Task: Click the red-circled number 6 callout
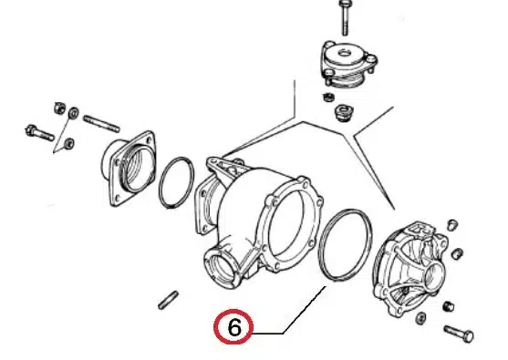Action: click(x=233, y=326)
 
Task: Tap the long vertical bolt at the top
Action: click(x=344, y=18)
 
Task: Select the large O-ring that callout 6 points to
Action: click(x=345, y=245)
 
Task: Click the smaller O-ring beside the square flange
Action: click(x=177, y=183)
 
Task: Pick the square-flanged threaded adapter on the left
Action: click(x=130, y=169)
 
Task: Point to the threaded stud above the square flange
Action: click(x=102, y=124)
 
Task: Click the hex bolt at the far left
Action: click(x=39, y=133)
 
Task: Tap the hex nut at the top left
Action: click(x=60, y=108)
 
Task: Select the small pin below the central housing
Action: click(x=168, y=300)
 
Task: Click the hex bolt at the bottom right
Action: click(x=459, y=334)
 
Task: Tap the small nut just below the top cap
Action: click(x=328, y=97)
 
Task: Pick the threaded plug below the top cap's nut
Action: click(x=344, y=112)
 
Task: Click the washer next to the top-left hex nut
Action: click(x=74, y=113)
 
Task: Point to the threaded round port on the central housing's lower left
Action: click(x=222, y=265)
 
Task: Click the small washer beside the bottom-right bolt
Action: click(x=420, y=318)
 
